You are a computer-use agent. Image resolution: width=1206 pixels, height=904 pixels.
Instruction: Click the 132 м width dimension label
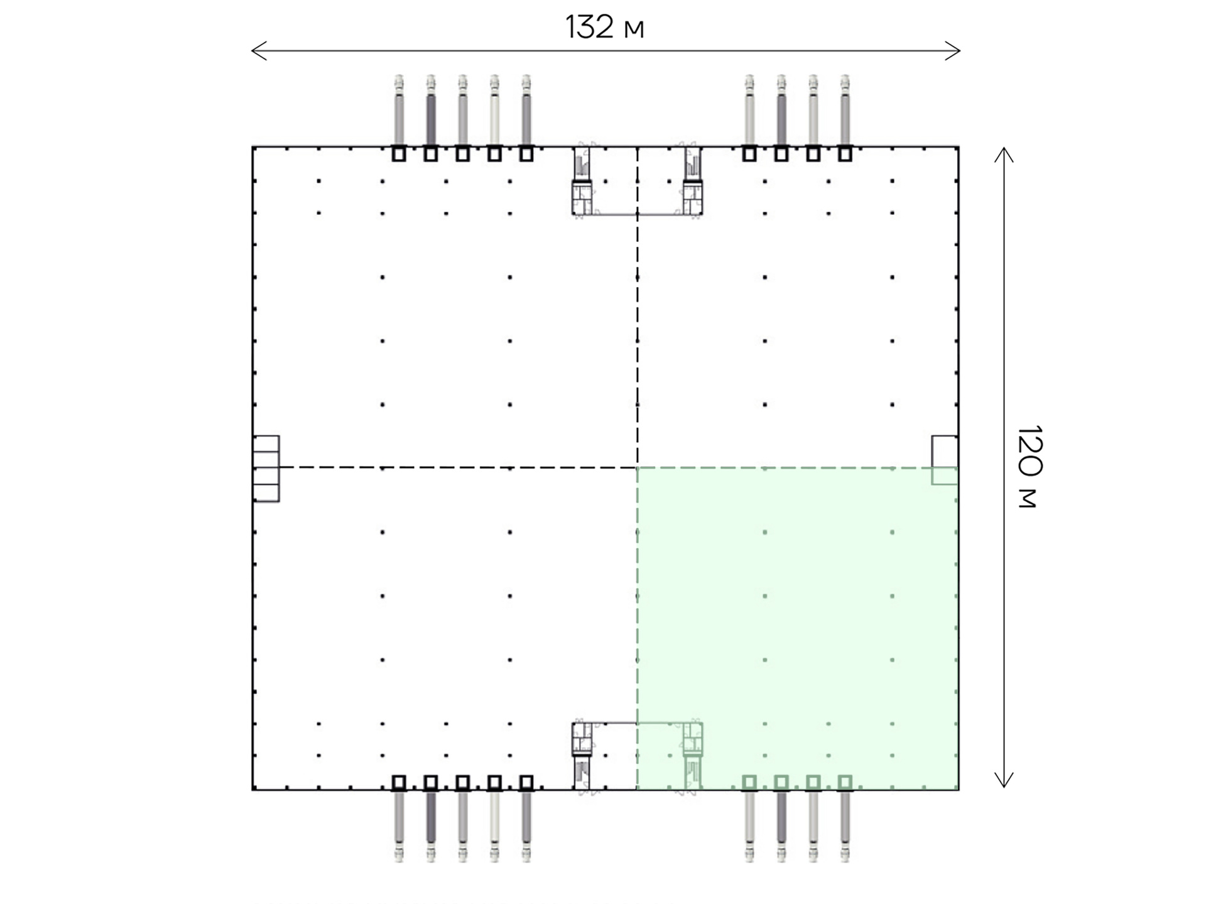click(605, 27)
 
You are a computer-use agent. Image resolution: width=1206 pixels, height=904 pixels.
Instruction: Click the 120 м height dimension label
click(1029, 466)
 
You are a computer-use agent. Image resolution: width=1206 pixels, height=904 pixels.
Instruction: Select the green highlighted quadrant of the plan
click(798, 628)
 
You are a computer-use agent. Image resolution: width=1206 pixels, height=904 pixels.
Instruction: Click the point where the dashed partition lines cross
click(638, 467)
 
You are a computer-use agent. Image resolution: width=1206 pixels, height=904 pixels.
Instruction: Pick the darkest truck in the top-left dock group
click(430, 111)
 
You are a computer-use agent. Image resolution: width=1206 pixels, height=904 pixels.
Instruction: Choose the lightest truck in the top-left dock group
click(494, 111)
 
